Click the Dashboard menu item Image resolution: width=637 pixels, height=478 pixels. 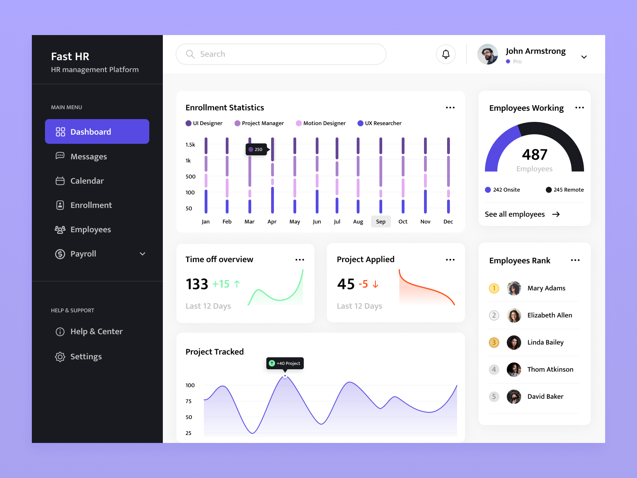(x=97, y=131)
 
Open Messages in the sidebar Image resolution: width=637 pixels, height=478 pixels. (x=88, y=157)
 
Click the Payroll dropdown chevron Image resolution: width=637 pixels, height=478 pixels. (x=143, y=254)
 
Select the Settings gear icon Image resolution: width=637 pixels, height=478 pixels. (x=60, y=357)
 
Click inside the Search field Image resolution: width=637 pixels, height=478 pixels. (x=281, y=54)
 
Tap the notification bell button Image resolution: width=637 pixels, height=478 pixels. (x=446, y=54)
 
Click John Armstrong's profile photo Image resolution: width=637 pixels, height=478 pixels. (x=488, y=54)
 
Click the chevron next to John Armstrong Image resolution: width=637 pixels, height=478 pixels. (x=584, y=57)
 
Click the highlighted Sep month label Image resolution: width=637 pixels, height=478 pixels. (x=381, y=221)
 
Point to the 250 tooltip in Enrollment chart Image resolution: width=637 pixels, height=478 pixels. (x=256, y=149)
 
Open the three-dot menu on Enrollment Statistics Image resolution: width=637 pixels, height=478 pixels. (x=450, y=108)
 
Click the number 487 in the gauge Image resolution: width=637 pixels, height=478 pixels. (x=534, y=155)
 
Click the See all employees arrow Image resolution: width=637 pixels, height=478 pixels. (x=556, y=214)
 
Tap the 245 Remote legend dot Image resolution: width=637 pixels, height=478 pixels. (x=549, y=190)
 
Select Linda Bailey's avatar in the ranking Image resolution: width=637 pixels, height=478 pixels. (x=514, y=342)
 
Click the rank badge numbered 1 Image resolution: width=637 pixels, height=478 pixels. (x=494, y=288)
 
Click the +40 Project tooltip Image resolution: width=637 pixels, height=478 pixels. (x=285, y=363)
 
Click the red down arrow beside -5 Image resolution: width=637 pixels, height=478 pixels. (x=375, y=284)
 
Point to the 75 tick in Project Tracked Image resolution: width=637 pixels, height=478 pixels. (x=189, y=401)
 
